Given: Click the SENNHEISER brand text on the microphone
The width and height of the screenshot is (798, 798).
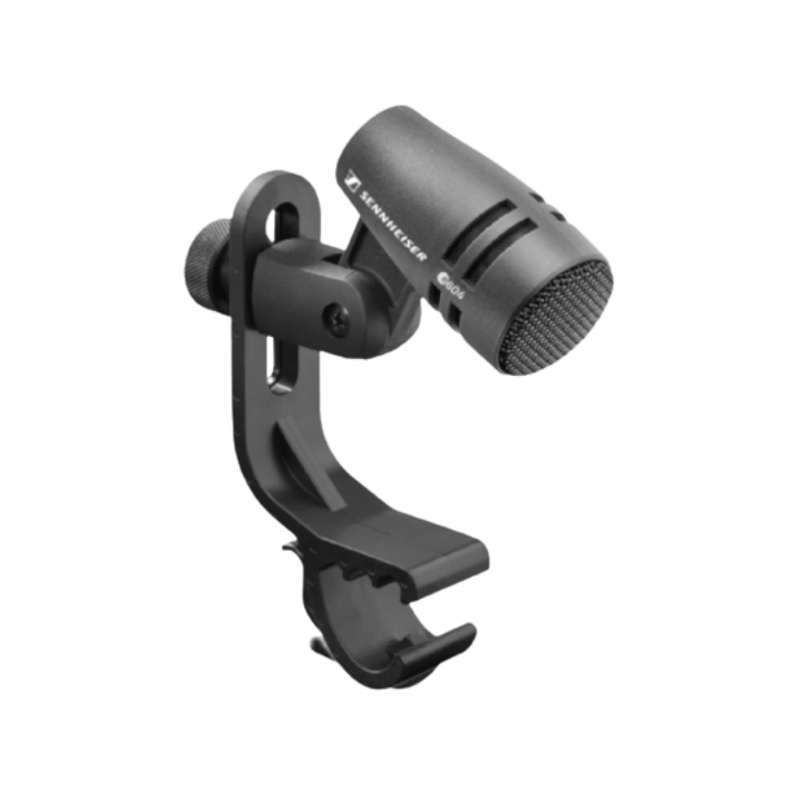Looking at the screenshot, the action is click(x=392, y=226).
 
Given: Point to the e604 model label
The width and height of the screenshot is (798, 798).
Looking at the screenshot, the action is click(x=452, y=286).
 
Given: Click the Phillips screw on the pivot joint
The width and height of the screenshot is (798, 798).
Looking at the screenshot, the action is click(x=336, y=317).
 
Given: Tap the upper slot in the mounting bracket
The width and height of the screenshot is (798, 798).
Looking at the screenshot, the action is click(x=284, y=223).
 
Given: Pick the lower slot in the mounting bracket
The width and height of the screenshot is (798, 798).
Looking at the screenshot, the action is click(x=279, y=363).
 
